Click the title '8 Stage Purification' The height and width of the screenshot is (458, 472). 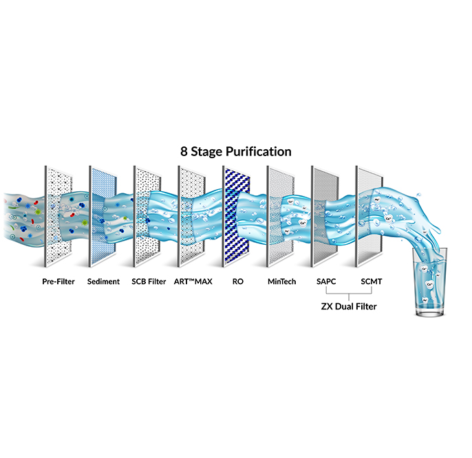click(x=236, y=151)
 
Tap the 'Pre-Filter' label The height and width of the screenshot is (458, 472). click(x=58, y=281)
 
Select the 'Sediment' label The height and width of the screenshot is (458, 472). click(x=103, y=281)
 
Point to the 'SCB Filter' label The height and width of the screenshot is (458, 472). click(x=149, y=281)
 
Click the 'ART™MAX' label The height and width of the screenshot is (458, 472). click(x=193, y=281)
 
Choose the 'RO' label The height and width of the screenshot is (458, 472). click(x=238, y=281)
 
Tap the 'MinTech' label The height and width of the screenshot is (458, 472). click(x=282, y=281)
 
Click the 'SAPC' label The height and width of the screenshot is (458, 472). click(x=326, y=281)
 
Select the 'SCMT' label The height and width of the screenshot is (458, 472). click(x=372, y=281)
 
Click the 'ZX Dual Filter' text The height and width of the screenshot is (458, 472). click(x=349, y=306)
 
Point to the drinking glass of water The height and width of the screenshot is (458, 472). click(x=429, y=282)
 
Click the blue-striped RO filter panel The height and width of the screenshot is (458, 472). click(x=237, y=216)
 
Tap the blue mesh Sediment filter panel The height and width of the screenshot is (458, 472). click(x=103, y=216)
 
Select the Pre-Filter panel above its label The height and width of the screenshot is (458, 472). click(x=58, y=216)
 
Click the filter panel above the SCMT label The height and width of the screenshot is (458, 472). click(x=369, y=216)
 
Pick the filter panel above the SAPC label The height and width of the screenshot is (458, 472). click(x=325, y=216)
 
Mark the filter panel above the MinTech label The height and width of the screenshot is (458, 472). click(x=281, y=216)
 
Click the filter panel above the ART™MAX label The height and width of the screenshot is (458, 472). click(x=192, y=216)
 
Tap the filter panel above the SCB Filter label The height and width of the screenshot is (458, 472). click(x=147, y=216)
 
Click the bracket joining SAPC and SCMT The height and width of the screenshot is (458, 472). click(x=349, y=294)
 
